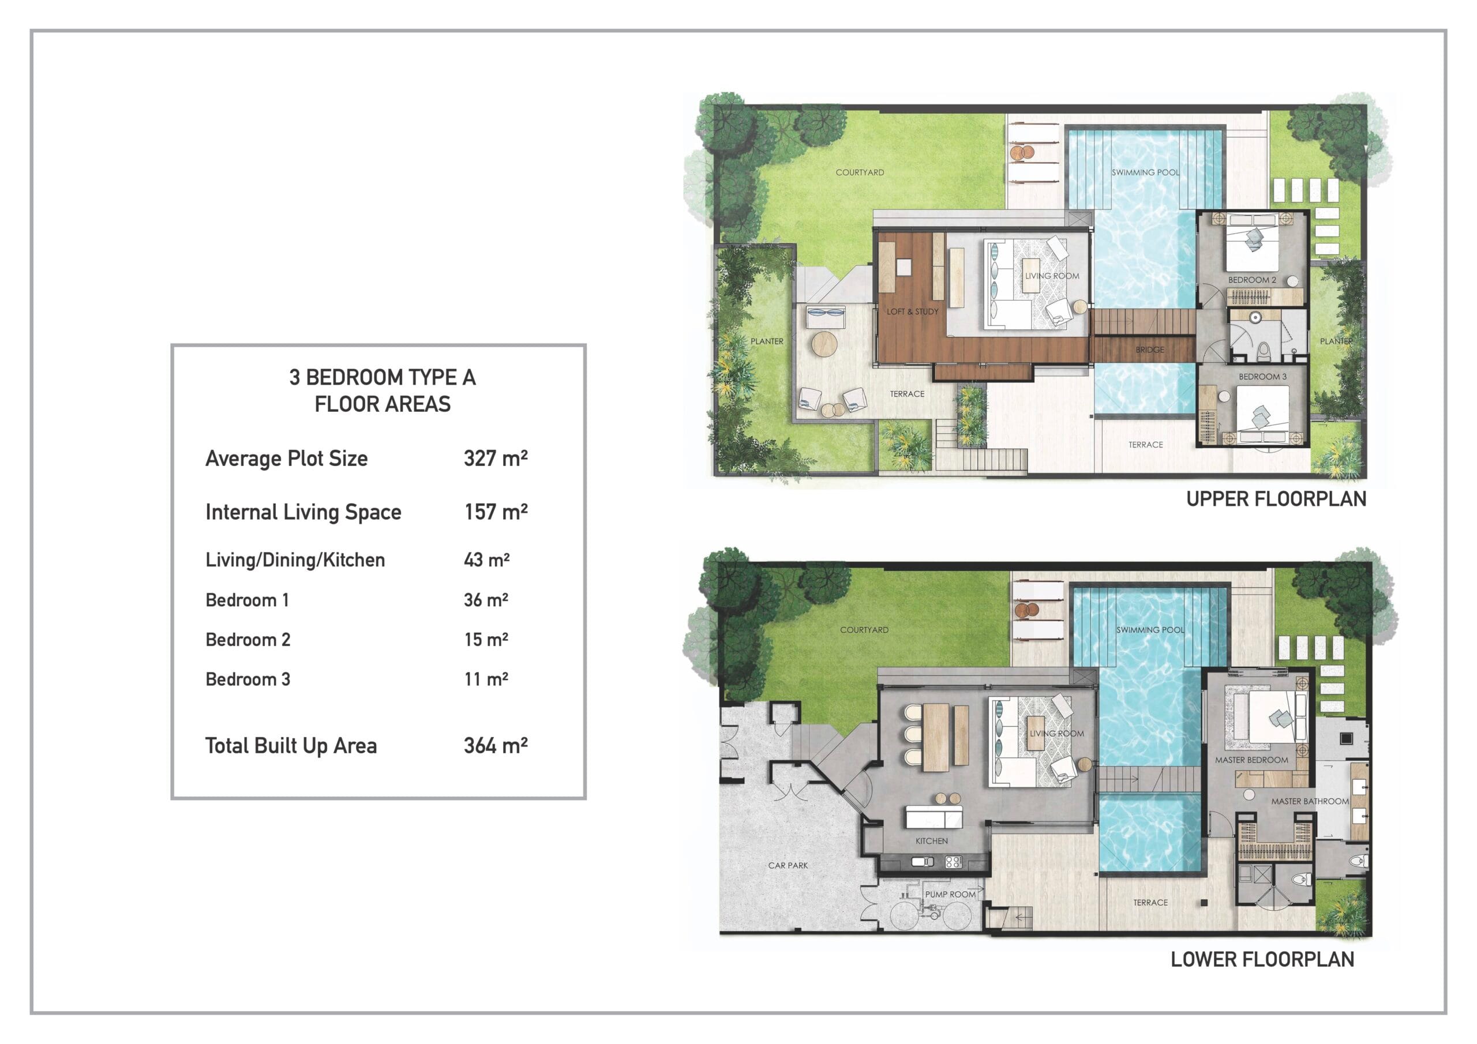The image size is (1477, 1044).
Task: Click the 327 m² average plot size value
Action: click(x=496, y=458)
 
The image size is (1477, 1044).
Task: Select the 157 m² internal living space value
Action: click(x=496, y=512)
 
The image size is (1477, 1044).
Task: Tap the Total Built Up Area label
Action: click(x=291, y=746)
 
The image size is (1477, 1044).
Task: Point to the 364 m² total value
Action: click(x=496, y=746)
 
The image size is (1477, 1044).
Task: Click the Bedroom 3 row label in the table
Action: click(x=248, y=679)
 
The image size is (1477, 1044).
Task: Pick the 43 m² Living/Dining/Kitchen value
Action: click(x=487, y=559)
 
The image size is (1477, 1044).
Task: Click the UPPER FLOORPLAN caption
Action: click(x=1276, y=498)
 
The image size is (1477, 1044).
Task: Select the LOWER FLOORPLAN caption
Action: click(x=1262, y=959)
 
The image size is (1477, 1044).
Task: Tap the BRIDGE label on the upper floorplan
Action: click(x=1149, y=350)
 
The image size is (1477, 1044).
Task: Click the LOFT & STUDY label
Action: click(x=912, y=311)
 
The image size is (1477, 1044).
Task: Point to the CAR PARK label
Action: click(x=788, y=865)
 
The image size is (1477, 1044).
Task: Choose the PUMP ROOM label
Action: click(x=950, y=894)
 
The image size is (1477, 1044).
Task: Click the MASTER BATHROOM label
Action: click(x=1310, y=802)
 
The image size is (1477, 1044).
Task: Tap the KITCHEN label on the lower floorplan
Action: click(x=931, y=841)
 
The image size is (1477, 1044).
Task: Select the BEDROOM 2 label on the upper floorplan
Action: click(x=1252, y=280)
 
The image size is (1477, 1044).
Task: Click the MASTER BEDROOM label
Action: click(x=1251, y=760)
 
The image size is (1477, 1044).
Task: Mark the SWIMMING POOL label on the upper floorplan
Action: click(x=1146, y=172)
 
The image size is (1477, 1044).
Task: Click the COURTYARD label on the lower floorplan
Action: click(x=864, y=630)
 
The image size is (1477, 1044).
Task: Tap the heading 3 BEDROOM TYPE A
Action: click(x=382, y=377)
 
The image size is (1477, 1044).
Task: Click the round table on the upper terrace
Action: click(x=824, y=344)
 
